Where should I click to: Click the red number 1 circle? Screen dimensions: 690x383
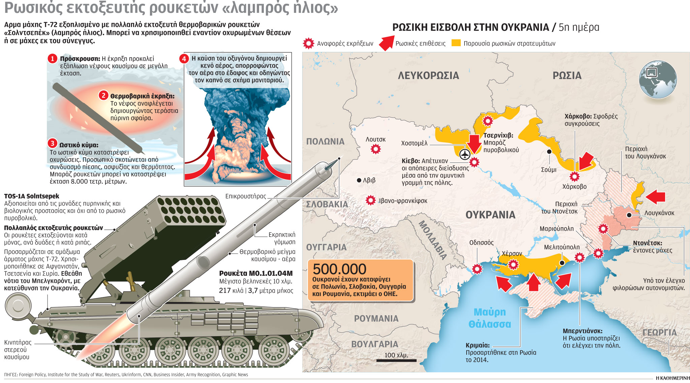52,59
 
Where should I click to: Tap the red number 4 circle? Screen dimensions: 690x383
184,59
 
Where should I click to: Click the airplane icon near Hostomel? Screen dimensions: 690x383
465,154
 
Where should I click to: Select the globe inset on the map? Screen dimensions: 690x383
657,80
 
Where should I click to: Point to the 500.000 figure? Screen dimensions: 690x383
339,269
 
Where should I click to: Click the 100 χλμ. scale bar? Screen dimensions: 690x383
396,360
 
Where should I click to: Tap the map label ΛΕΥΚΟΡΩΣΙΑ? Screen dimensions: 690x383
428,76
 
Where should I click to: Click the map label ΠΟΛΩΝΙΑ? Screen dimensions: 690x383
325,142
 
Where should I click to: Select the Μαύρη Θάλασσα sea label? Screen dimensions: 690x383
490,318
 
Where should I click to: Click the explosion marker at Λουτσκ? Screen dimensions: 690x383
376,149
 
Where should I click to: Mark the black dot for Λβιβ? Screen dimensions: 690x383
359,180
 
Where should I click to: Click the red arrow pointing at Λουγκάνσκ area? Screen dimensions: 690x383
656,197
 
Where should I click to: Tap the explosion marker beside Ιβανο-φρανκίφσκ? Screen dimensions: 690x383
371,200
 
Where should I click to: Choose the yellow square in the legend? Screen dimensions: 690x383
456,43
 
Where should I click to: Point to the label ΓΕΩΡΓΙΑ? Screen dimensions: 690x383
659,333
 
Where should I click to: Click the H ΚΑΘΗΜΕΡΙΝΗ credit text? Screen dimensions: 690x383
672,378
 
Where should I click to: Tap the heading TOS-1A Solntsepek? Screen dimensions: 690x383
32,196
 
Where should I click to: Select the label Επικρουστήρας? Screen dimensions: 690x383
246,196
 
